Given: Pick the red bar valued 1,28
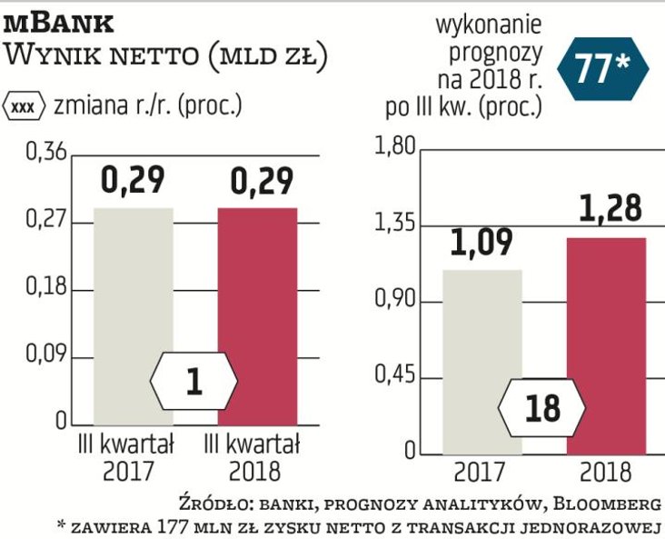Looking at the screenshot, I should [606, 345].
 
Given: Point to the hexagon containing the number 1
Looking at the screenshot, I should [194, 382].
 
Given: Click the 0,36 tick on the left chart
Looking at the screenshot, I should [45, 153].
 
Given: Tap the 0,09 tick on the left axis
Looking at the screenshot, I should [45, 355].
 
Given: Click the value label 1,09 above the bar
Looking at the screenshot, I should [481, 243].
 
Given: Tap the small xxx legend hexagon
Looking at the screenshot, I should [26, 105].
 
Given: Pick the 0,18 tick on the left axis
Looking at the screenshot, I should [45, 288].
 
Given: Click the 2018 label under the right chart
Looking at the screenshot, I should [605, 472].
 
